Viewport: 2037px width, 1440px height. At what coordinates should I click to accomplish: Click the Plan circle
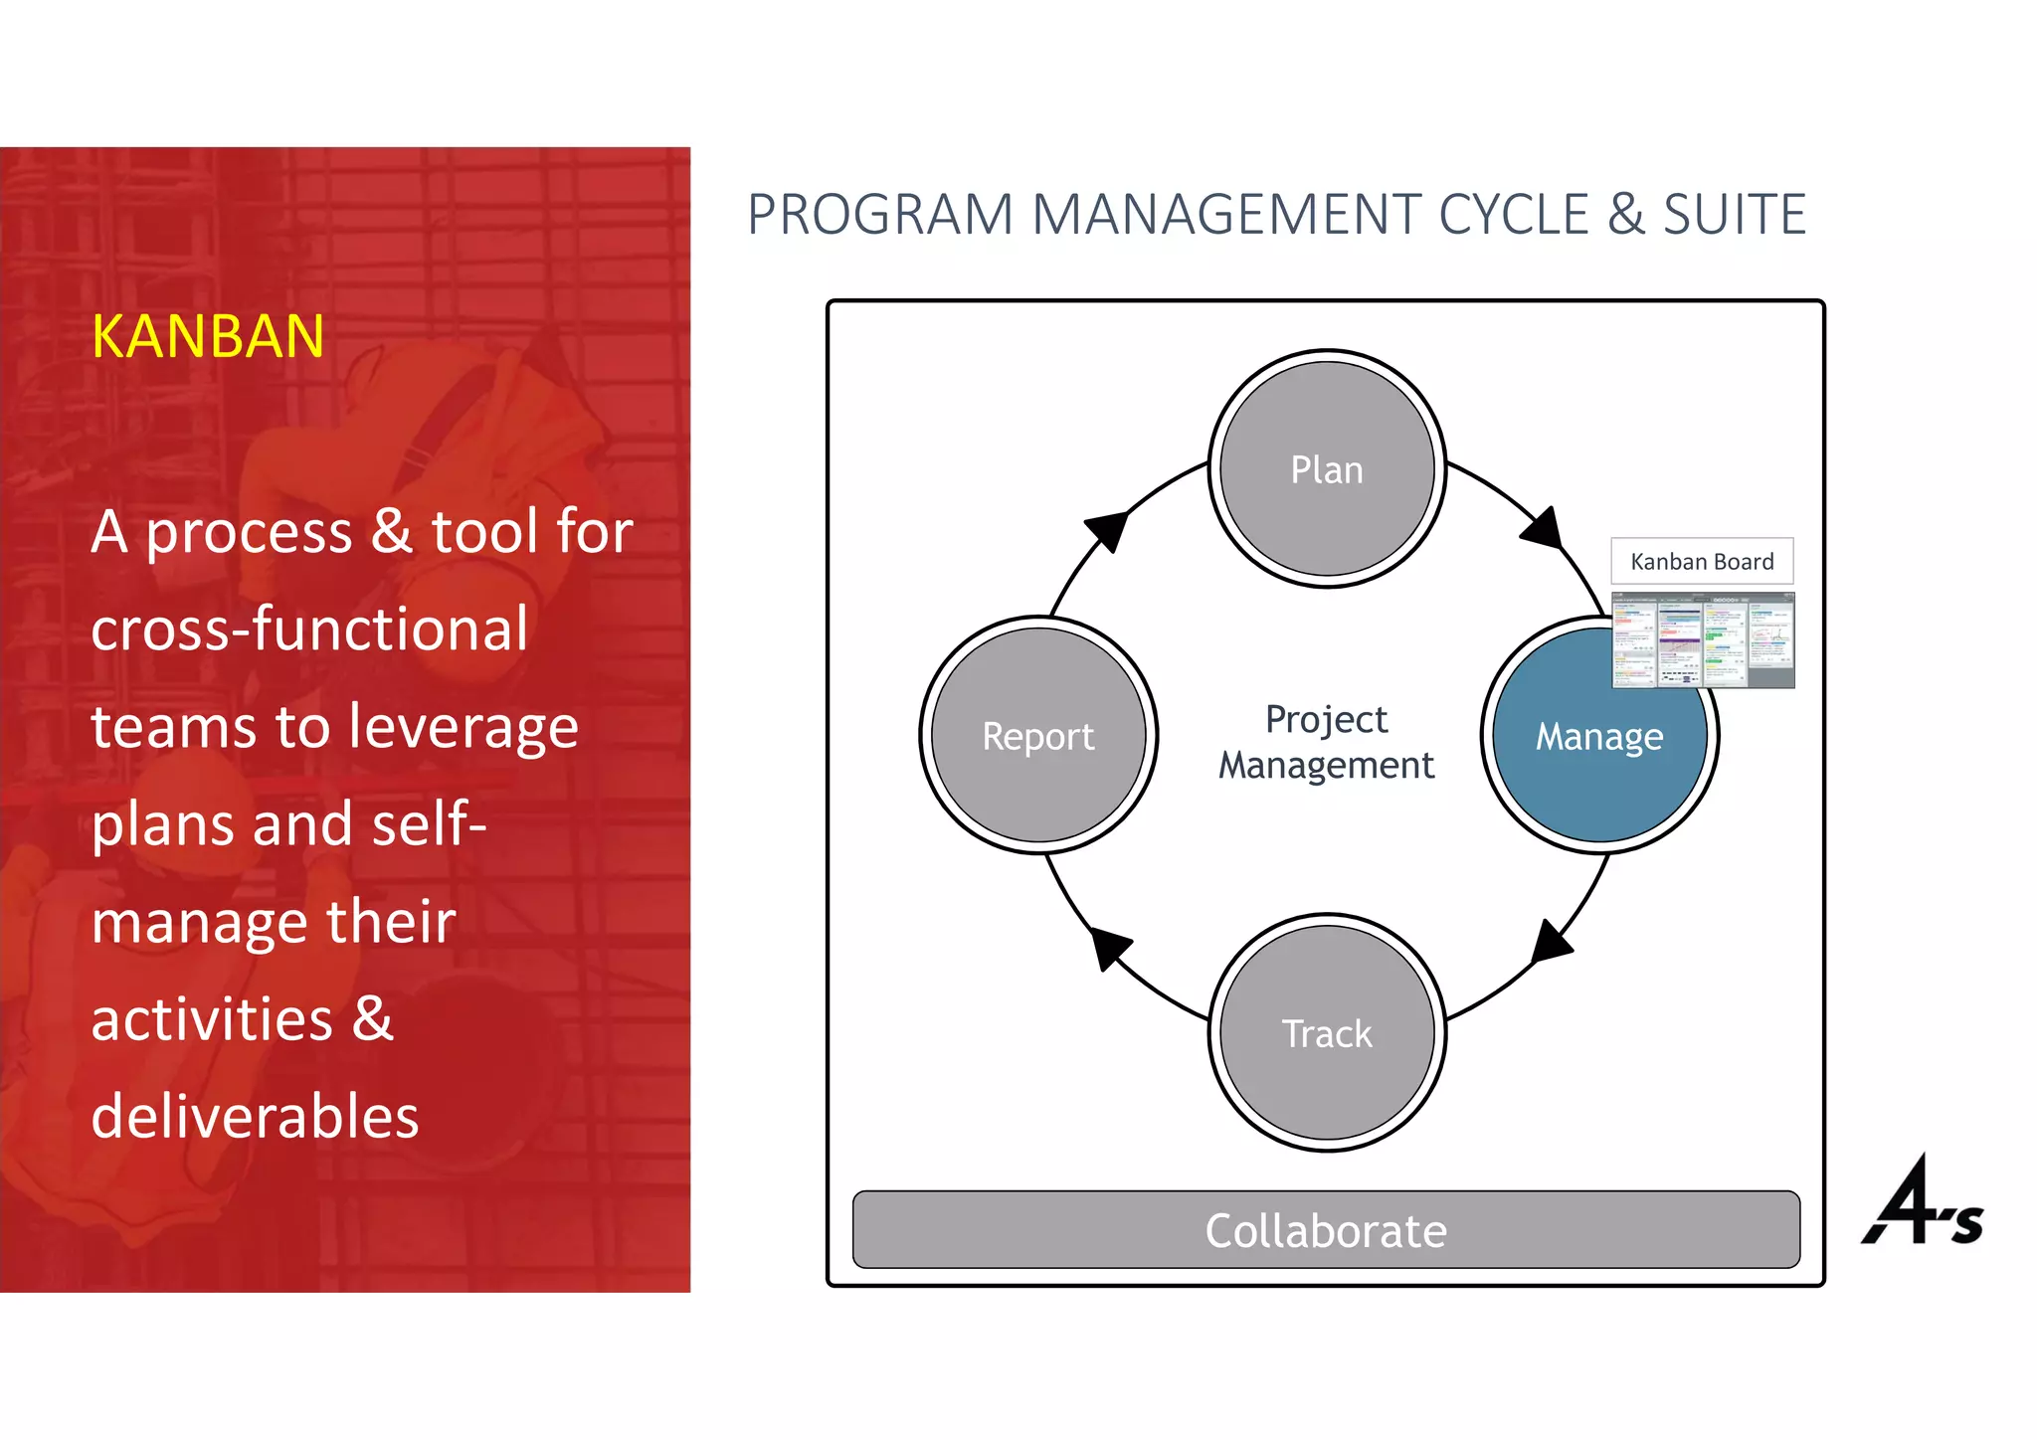coord(1327,468)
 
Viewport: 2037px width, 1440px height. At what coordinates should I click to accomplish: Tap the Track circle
coord(1327,1032)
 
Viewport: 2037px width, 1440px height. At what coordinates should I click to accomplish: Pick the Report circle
coord(1038,736)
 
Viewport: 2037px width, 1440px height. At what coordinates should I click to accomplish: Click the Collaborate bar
coord(1326,1230)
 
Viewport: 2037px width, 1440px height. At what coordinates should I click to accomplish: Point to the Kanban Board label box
coord(1702,562)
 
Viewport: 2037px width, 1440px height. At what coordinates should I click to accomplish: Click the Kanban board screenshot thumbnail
coord(1703,640)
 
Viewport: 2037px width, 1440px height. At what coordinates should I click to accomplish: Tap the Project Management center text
coord(1326,742)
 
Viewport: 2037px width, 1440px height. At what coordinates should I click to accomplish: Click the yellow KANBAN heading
coord(208,336)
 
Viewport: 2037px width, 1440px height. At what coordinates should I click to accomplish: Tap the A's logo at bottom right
coord(1922,1203)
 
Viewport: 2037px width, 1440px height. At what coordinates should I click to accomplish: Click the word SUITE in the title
coord(1734,215)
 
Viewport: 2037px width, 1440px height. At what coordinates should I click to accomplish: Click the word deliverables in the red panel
coord(255,1116)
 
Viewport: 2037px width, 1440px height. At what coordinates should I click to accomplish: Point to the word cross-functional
coord(309,629)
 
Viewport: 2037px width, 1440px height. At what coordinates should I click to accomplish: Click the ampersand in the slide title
coord(1625,215)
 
